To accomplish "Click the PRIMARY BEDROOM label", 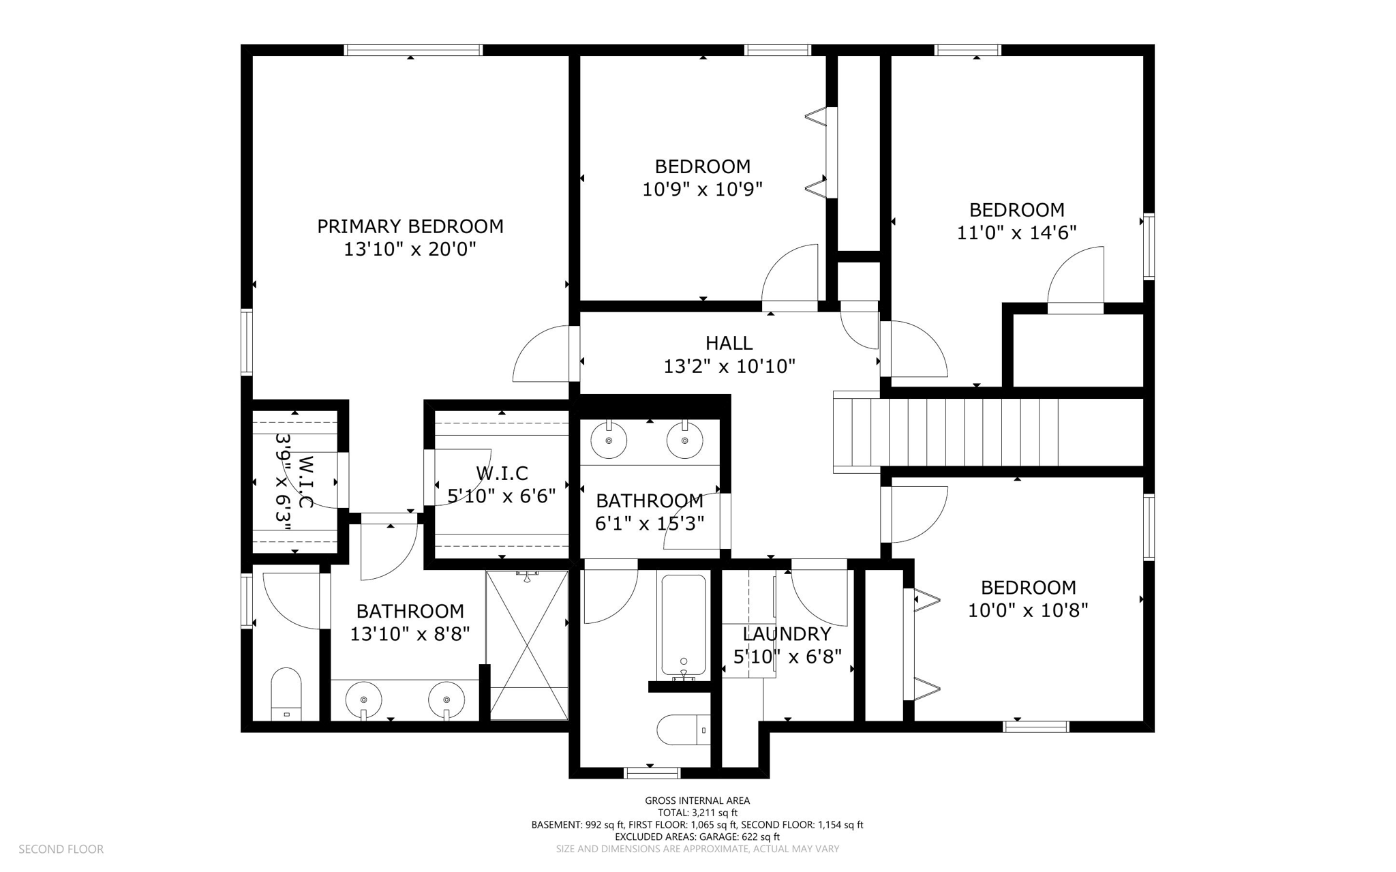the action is coord(410,226).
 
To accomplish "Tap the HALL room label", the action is coord(729,343).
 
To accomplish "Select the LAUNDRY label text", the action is coord(787,634).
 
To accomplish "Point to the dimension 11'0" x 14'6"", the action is coord(1016,233).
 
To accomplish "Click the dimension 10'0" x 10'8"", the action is coord(1028,610).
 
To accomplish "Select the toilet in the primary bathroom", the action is coord(286,694).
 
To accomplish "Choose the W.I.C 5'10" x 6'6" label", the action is coord(502,484).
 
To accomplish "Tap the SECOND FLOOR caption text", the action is coord(61,850).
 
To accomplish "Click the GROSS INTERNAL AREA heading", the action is coord(697,801).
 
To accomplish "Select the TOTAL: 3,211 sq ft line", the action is coord(697,813).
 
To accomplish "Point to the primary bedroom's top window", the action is coord(413,50).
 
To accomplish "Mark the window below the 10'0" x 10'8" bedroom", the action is coord(1036,727).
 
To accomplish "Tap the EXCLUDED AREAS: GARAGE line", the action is coord(697,837).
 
